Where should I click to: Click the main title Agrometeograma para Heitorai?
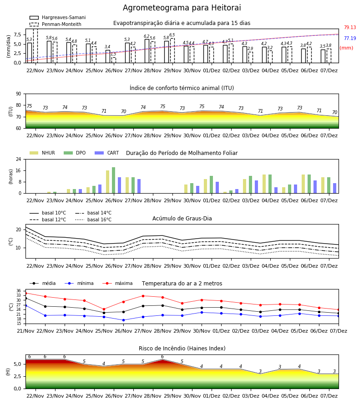pyautogui.click(x=182, y=8)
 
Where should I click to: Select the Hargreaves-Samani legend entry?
pyautogui.click(x=57, y=17)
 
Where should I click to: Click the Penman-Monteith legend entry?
pyautogui.click(x=56, y=24)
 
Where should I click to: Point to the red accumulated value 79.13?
pyautogui.click(x=350, y=27)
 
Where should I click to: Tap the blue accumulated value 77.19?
pyautogui.click(x=350, y=38)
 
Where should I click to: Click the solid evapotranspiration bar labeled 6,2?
pyautogui.click(x=147, y=51)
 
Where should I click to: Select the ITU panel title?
pyautogui.click(x=182, y=88)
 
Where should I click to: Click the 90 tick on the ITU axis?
pyautogui.click(x=19, y=94)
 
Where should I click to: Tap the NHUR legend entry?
pyautogui.click(x=42, y=153)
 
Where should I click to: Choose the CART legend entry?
pyautogui.click(x=107, y=153)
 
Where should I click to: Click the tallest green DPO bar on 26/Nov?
pyautogui.click(x=114, y=180)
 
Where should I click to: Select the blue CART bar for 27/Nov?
pyautogui.click(x=139, y=186)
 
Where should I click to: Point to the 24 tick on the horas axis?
pyautogui.click(x=19, y=160)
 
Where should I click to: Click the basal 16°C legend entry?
pyautogui.click(x=93, y=219)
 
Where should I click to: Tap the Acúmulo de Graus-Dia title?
pyautogui.click(x=182, y=218)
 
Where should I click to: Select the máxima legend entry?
pyautogui.click(x=117, y=283)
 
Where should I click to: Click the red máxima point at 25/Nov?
pyautogui.click(x=104, y=309)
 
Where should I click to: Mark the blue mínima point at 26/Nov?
pyautogui.click(x=123, y=320)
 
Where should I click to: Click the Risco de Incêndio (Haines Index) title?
pyautogui.click(x=182, y=349)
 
